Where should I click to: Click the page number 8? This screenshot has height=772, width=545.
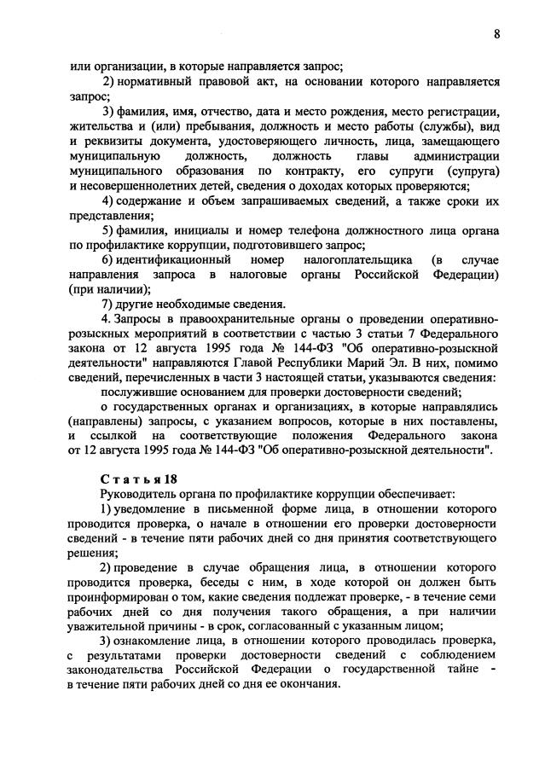[x=496, y=33]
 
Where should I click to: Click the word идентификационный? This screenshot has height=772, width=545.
[x=168, y=259]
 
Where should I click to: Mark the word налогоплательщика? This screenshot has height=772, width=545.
[x=367, y=259]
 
